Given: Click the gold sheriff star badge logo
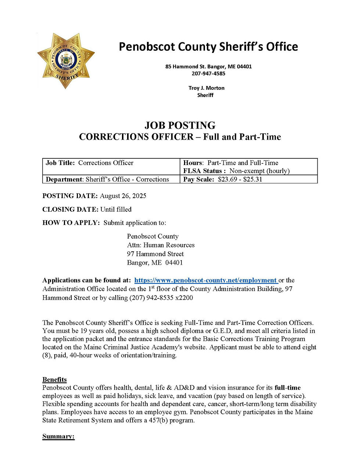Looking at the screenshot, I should (x=66, y=61).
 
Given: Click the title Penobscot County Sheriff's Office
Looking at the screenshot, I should (x=208, y=47).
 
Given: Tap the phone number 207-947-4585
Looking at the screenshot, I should (x=208, y=74).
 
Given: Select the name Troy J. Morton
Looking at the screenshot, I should (x=206, y=88).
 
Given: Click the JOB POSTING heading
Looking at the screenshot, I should (x=180, y=125).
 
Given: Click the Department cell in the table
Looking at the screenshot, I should (x=107, y=179).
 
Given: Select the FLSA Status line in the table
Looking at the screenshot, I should (x=236, y=171).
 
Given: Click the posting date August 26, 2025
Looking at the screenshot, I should (x=123, y=196).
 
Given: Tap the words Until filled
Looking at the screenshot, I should (x=116, y=209).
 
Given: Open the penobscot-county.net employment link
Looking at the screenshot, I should (x=205, y=280).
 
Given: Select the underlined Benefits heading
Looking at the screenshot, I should (x=54, y=380).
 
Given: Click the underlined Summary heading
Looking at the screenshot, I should (x=58, y=436).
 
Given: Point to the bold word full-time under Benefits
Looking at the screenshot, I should (x=288, y=388).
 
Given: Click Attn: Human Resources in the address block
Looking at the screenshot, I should (x=161, y=245).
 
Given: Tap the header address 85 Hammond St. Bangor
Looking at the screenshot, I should (x=208, y=67).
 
